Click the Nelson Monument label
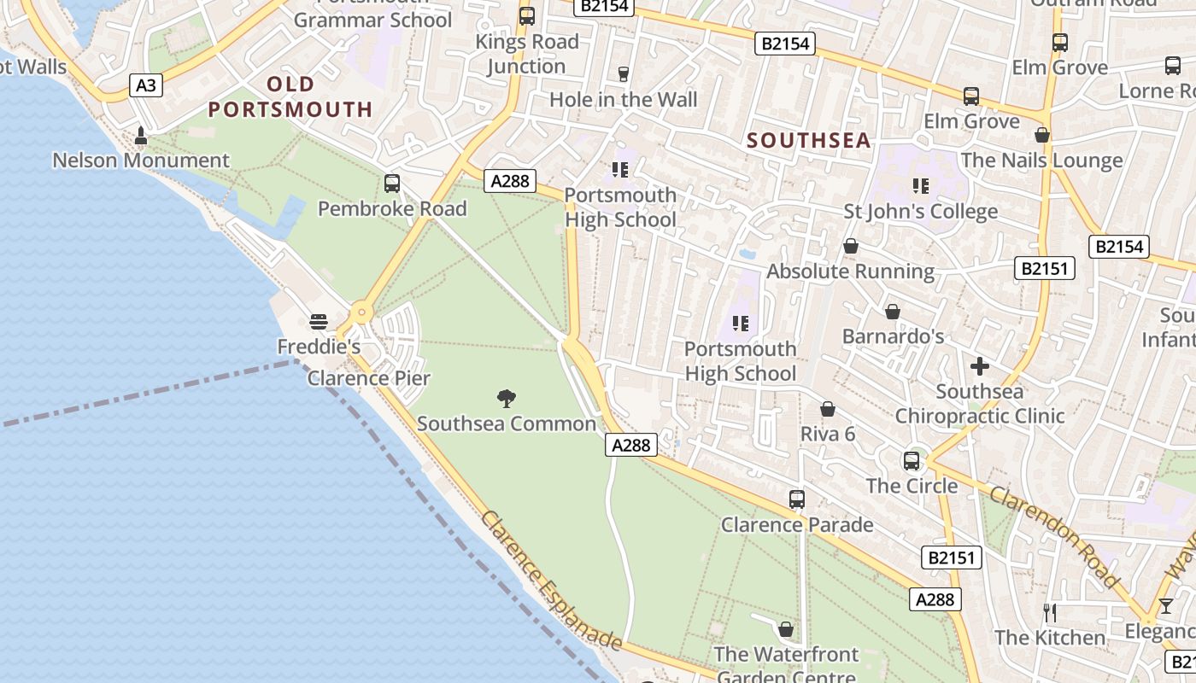click(x=141, y=161)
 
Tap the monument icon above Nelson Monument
click(x=141, y=136)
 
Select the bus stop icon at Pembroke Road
click(x=392, y=184)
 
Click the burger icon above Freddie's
click(x=319, y=322)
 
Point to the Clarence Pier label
click(x=369, y=378)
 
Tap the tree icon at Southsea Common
click(x=507, y=398)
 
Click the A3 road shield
click(x=146, y=85)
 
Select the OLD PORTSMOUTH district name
click(x=290, y=96)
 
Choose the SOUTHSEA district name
click(x=809, y=141)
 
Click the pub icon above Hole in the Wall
click(x=624, y=74)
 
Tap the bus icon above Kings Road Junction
click(x=527, y=16)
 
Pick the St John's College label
click(x=921, y=211)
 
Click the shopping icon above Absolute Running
click(x=851, y=247)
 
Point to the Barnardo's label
click(x=893, y=336)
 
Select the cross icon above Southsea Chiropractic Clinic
click(x=980, y=367)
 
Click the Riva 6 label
click(x=827, y=434)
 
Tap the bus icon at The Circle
click(x=912, y=461)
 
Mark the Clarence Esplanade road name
click(x=551, y=580)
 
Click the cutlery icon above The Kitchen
click(x=1050, y=612)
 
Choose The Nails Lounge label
click(x=1041, y=161)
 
